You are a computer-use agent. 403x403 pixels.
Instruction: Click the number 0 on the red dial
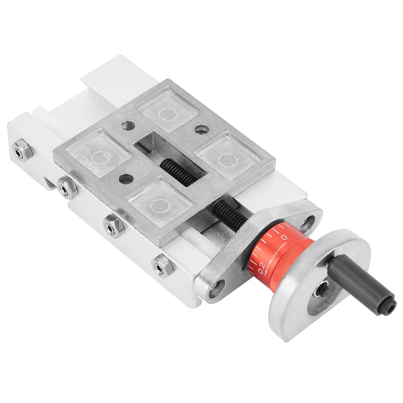[x=285, y=237]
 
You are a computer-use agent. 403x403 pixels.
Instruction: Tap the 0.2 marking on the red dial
[x=262, y=267]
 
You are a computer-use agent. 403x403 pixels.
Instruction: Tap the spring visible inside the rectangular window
[x=177, y=172]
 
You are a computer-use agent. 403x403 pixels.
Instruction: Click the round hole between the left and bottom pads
[x=126, y=178]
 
